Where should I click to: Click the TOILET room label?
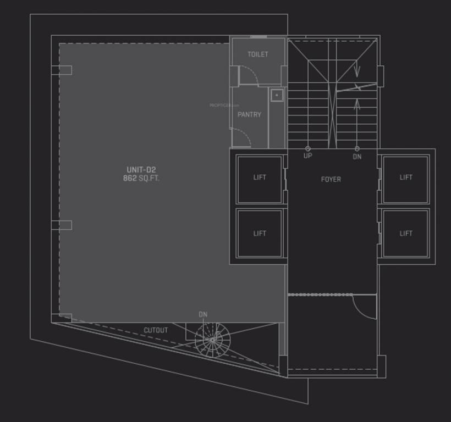point(258,54)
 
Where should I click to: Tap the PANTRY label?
point(249,115)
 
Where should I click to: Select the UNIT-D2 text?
point(141,170)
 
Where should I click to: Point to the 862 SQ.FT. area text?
point(141,179)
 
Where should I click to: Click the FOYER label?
point(331,179)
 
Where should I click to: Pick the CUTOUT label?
point(156,330)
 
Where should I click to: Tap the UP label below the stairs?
point(307,156)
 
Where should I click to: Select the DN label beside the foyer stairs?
point(357,157)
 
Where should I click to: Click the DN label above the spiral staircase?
point(203,315)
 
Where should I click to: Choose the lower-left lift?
point(260,234)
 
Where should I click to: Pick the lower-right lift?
point(406,234)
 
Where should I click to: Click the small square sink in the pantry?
point(277,95)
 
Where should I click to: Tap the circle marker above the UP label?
point(307,148)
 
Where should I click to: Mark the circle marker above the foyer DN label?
point(357,148)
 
